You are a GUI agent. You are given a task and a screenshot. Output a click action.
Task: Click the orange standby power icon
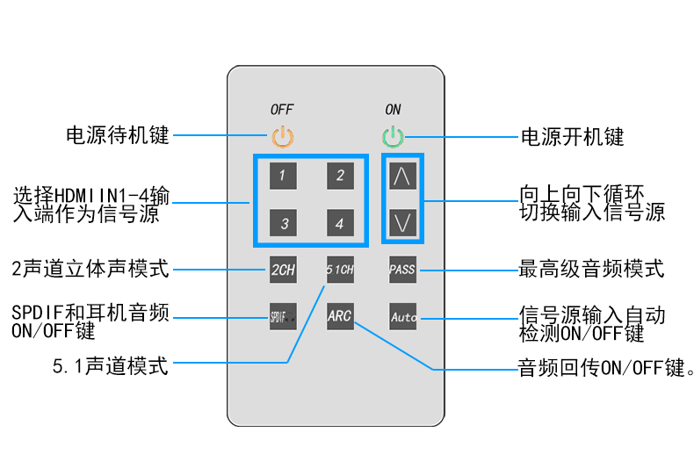click(283, 137)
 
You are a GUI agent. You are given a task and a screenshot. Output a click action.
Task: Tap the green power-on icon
click(393, 137)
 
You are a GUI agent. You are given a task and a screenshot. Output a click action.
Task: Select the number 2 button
click(340, 175)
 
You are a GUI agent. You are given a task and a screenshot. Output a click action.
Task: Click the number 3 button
click(283, 223)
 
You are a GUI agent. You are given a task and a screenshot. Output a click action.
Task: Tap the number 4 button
click(340, 223)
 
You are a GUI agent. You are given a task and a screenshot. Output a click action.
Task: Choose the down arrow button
click(402, 222)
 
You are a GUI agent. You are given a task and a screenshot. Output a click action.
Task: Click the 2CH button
click(283, 270)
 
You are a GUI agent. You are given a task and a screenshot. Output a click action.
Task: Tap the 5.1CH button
click(340, 270)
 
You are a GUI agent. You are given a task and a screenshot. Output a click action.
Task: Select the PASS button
click(402, 270)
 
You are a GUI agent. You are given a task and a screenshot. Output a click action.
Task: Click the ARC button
click(340, 316)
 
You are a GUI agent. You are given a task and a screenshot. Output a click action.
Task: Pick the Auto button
click(403, 316)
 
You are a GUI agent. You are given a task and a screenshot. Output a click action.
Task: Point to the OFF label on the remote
click(282, 110)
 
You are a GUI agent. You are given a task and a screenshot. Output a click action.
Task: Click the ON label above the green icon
click(393, 110)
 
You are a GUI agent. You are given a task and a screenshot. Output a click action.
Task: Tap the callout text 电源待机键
click(118, 136)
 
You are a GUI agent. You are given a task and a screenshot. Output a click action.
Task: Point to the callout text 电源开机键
click(572, 137)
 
